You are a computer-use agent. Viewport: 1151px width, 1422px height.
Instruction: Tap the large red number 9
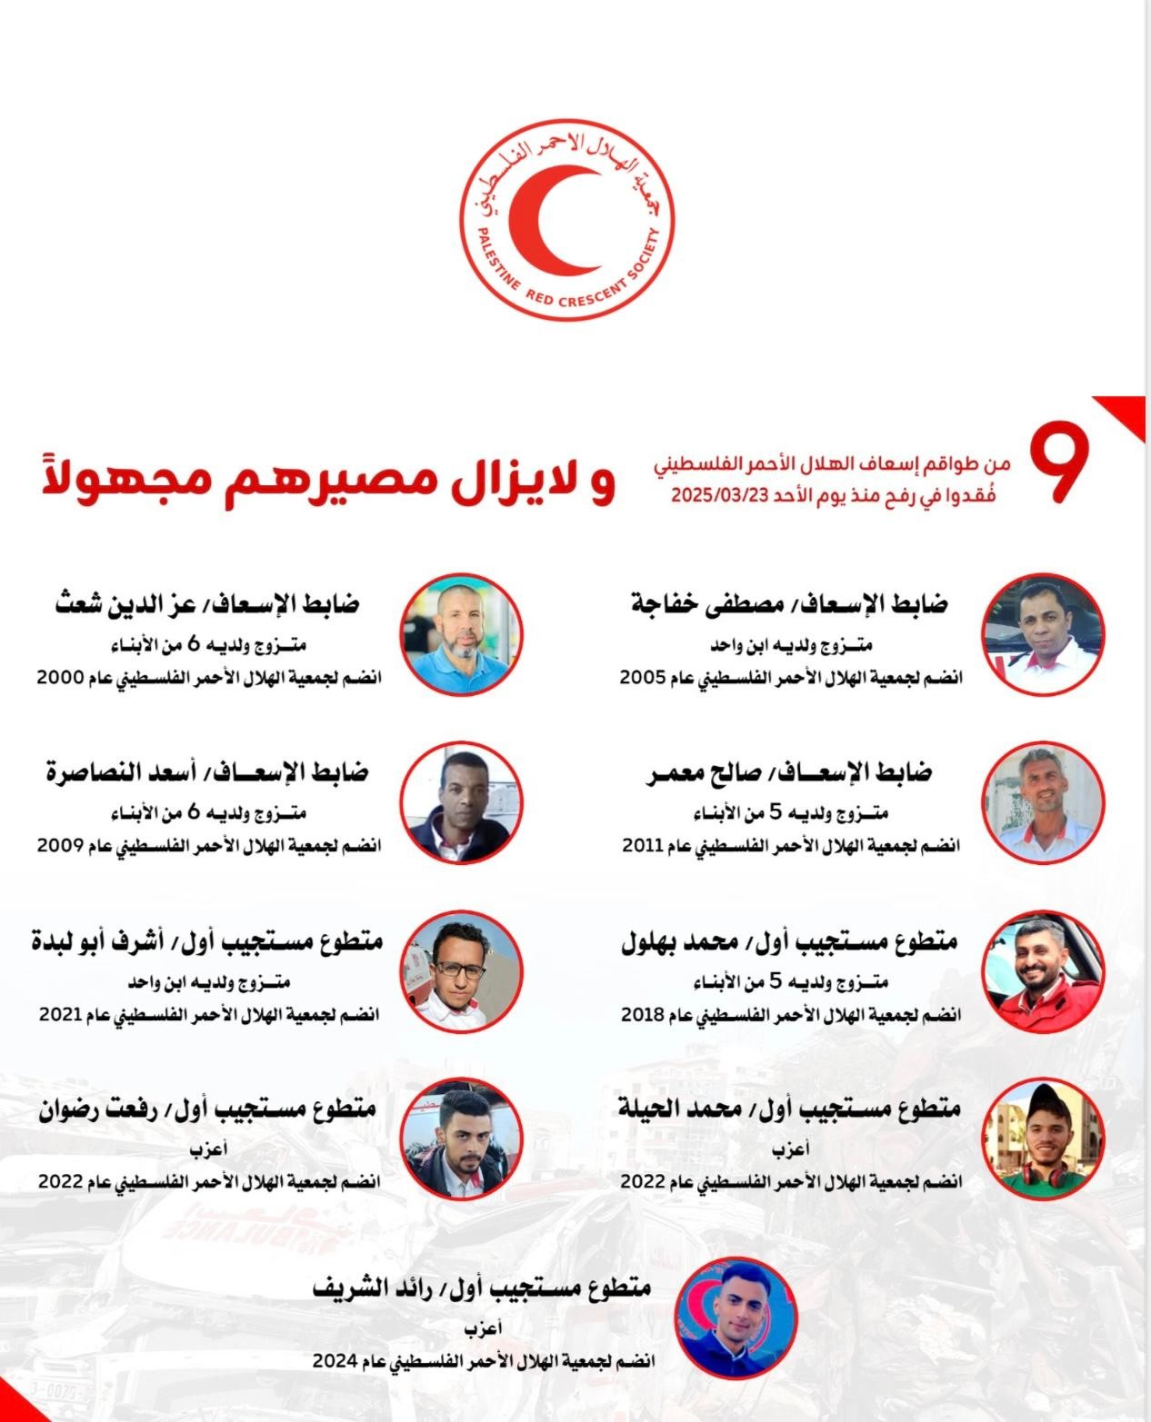1057,465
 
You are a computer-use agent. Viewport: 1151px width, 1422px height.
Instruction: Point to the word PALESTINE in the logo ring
496,264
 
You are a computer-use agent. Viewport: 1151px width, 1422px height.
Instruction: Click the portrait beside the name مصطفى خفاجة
1044,633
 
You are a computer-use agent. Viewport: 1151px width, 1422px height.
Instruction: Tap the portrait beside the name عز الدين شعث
462,633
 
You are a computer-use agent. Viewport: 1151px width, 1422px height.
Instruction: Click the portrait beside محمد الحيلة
1044,1138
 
